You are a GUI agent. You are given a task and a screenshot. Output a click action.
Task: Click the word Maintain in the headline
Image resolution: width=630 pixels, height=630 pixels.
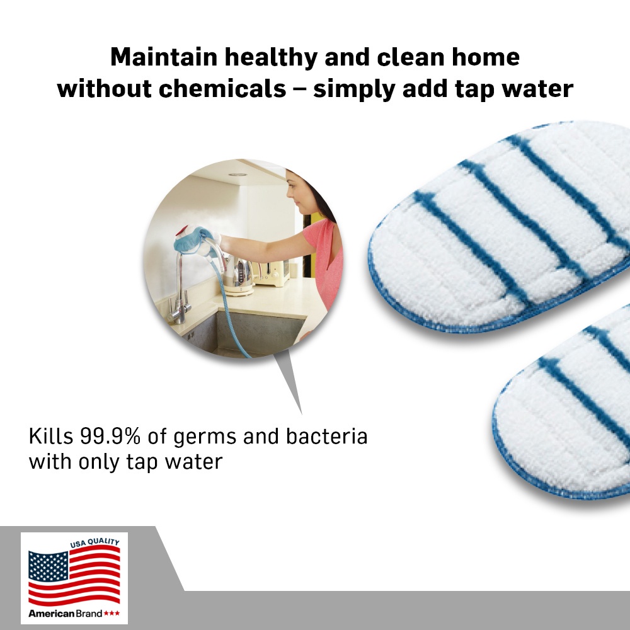coord(164,57)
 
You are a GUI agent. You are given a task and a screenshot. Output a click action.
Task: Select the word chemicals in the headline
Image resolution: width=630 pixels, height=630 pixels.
coord(222,88)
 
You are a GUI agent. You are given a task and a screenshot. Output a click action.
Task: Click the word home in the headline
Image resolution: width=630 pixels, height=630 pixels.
coord(485,57)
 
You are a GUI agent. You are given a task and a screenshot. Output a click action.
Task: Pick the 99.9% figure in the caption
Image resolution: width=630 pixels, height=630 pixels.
coord(110,436)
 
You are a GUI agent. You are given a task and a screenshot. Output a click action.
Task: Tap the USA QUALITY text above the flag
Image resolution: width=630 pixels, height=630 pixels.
coord(95,543)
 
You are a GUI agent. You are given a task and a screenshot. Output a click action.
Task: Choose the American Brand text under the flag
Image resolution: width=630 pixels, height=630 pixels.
coord(65,614)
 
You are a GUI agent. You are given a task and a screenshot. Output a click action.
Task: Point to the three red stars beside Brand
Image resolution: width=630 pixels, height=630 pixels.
coord(112,614)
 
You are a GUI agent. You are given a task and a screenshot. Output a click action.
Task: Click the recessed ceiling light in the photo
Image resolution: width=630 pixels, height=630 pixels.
coord(238,175)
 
